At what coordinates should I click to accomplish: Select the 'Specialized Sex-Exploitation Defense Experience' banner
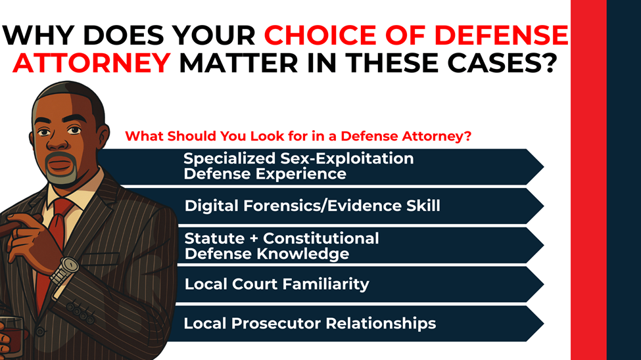point(329,166)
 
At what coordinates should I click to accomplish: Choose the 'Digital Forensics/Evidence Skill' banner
point(329,206)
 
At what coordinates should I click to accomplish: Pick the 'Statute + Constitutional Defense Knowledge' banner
point(329,245)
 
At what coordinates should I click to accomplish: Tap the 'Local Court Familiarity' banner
point(329,284)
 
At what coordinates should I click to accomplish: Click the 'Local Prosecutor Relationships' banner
point(329,323)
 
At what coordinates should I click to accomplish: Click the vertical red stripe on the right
point(588,180)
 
